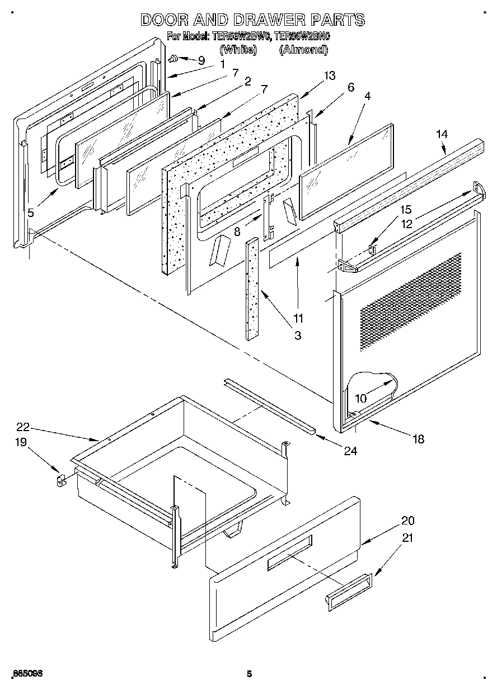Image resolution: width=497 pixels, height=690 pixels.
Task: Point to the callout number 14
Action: (x=442, y=134)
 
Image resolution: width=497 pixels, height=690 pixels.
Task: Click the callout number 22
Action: (x=22, y=427)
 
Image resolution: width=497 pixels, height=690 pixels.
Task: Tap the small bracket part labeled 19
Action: (x=61, y=480)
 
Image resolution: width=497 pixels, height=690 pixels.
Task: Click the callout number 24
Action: (x=350, y=451)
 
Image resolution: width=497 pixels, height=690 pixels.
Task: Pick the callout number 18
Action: (x=418, y=439)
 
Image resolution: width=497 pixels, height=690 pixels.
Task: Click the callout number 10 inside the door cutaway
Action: (x=361, y=399)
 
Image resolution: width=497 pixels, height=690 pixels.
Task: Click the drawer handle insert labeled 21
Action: (x=347, y=589)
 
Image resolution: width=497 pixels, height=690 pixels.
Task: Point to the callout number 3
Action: (x=298, y=335)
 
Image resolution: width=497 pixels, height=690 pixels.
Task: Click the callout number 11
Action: (x=298, y=318)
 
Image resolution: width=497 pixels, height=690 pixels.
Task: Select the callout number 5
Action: (x=31, y=212)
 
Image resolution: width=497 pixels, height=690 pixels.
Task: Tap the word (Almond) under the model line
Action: (x=303, y=50)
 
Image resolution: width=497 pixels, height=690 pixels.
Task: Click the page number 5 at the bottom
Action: (x=250, y=674)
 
